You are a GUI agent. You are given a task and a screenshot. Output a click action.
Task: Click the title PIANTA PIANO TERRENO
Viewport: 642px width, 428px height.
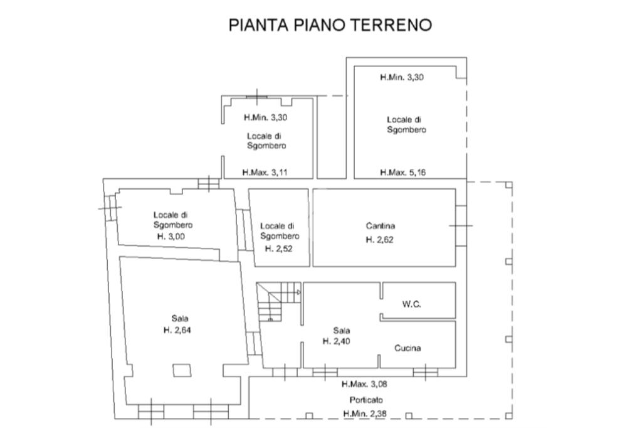[330, 25]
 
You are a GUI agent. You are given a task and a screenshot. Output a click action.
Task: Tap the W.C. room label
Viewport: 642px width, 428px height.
[411, 304]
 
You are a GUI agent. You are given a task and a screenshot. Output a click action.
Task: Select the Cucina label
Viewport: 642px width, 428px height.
[408, 348]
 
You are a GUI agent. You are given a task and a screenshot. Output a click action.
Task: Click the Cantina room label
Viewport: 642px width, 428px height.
[381, 226]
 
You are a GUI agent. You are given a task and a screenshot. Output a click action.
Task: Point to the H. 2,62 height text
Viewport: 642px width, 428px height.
[379, 240]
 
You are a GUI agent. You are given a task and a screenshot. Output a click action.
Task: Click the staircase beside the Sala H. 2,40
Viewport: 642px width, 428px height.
[278, 301]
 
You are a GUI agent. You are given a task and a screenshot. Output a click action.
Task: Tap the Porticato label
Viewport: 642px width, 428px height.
[366, 400]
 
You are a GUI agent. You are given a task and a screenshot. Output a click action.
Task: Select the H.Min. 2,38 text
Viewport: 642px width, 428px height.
[365, 414]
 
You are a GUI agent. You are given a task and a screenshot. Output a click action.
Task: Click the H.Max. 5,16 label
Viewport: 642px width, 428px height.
[403, 173]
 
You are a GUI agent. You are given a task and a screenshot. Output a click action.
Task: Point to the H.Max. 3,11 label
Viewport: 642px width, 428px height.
[265, 173]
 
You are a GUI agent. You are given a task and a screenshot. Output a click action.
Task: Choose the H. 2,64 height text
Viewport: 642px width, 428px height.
[177, 330]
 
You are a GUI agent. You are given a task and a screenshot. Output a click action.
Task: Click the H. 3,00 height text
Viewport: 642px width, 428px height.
[171, 237]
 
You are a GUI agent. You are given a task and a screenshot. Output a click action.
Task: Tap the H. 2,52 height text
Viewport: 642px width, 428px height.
[279, 249]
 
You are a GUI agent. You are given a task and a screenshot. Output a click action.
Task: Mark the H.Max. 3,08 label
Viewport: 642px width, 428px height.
[364, 384]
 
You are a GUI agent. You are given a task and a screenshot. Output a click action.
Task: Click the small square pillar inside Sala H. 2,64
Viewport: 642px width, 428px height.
[182, 370]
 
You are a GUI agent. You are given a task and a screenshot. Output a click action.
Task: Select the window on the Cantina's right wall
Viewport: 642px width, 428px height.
[461, 225]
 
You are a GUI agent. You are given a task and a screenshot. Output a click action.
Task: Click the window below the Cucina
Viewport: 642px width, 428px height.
[426, 372]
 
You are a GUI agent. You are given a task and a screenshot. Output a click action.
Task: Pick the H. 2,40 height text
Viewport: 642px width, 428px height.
[337, 341]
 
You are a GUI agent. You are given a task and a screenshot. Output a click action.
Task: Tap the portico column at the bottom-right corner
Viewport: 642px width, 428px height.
[508, 415]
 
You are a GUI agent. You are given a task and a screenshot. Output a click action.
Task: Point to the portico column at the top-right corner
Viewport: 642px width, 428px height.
[508, 185]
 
